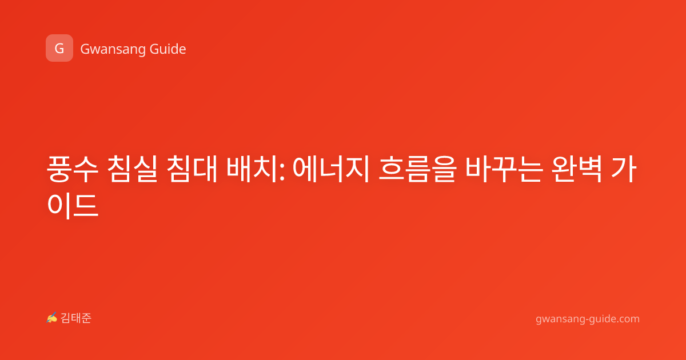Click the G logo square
click(x=59, y=48)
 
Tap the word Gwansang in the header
click(x=113, y=49)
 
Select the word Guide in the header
click(x=168, y=49)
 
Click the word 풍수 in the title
click(x=73, y=169)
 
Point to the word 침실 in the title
click(x=132, y=169)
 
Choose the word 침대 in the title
click(x=192, y=169)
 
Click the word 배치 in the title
click(x=252, y=169)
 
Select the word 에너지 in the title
click(x=331, y=169)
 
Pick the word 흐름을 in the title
click(x=417, y=169)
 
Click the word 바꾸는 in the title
click(x=504, y=169)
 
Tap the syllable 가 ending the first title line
click(x=624, y=169)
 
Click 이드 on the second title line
click(x=73, y=205)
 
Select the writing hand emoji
click(x=51, y=318)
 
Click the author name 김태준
click(x=76, y=318)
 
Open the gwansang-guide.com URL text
click(x=588, y=319)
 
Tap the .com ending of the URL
click(x=628, y=319)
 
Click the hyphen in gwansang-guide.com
click(x=587, y=319)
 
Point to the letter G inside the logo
click(x=59, y=49)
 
